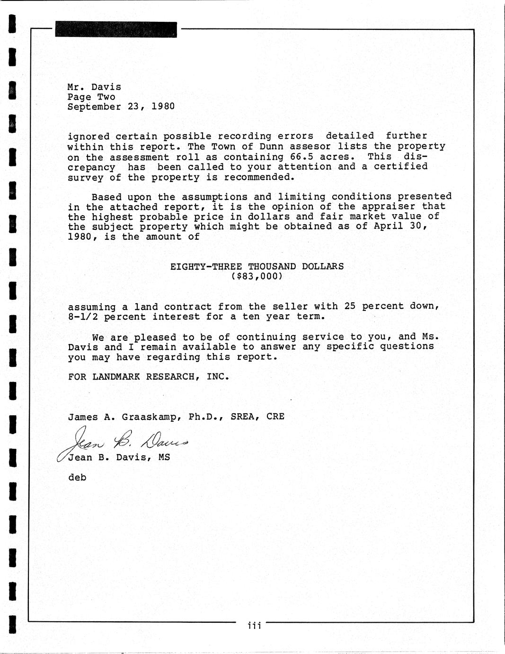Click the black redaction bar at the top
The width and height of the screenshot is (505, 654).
pyautogui.click(x=116, y=29)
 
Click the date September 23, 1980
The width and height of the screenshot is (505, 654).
pyautogui.click(x=121, y=107)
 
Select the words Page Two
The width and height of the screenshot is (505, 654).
pyautogui.click(x=91, y=97)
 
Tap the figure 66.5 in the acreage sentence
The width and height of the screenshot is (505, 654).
pyautogui.click(x=301, y=157)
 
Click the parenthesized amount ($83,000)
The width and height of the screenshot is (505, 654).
pyautogui.click(x=257, y=276)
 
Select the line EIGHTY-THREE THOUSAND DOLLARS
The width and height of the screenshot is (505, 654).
pyautogui.click(x=257, y=266)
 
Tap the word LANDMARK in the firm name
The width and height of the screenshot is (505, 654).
pyautogui.click(x=116, y=377)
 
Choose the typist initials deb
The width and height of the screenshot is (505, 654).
pyautogui.click(x=77, y=477)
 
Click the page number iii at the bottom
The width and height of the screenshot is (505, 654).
pyautogui.click(x=254, y=626)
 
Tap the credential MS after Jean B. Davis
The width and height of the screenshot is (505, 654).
pyautogui.click(x=164, y=457)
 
